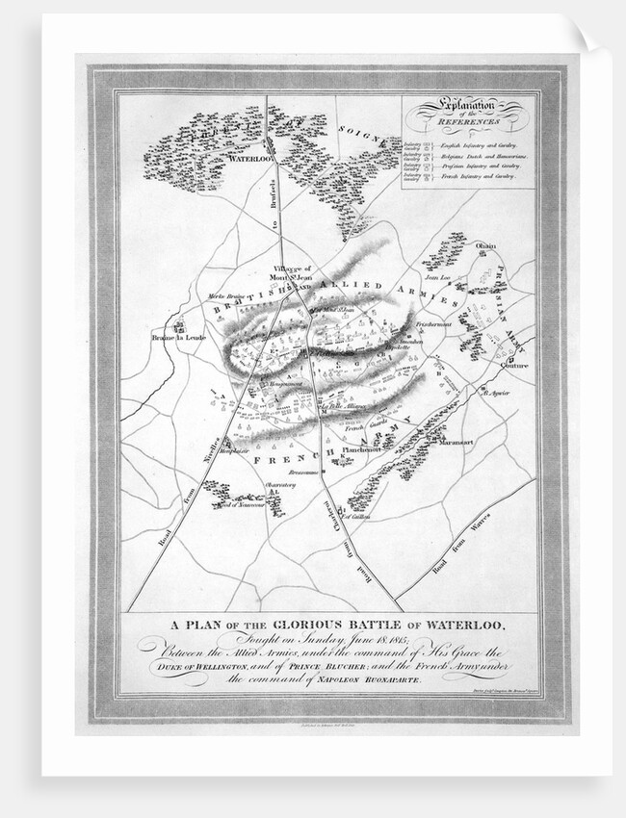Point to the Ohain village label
coord(486,246)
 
